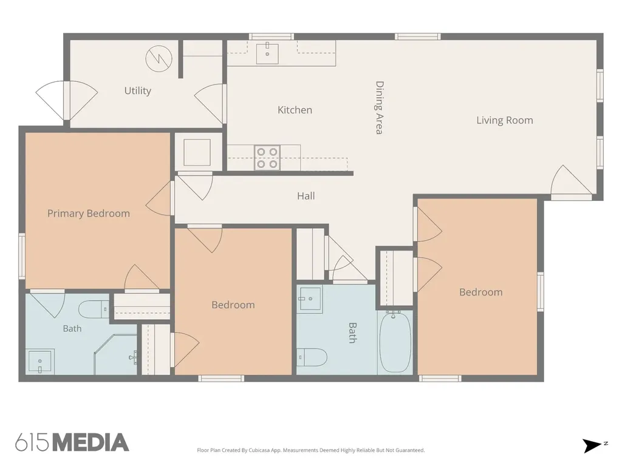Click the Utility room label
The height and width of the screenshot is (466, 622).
(138, 91)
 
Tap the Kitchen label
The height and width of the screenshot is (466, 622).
(295, 110)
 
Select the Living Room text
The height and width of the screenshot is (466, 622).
(505, 120)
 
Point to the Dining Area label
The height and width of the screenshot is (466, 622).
(380, 108)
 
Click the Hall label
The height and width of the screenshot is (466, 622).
(306, 196)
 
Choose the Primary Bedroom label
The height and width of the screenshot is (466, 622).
(89, 214)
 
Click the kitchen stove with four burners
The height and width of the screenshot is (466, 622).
(267, 158)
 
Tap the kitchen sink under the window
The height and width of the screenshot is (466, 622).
(267, 53)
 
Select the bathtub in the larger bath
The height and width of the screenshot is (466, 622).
(395, 342)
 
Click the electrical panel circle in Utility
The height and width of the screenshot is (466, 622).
(159, 59)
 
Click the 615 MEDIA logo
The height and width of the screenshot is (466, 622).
(72, 442)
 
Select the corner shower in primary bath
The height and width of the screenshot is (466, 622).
(115, 354)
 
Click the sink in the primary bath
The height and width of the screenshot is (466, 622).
(40, 362)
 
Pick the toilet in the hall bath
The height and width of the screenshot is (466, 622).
(312, 357)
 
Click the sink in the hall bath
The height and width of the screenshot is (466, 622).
(310, 299)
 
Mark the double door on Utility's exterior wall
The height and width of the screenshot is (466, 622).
(67, 101)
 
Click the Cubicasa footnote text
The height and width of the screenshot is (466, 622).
(310, 450)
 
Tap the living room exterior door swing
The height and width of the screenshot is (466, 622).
(571, 181)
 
